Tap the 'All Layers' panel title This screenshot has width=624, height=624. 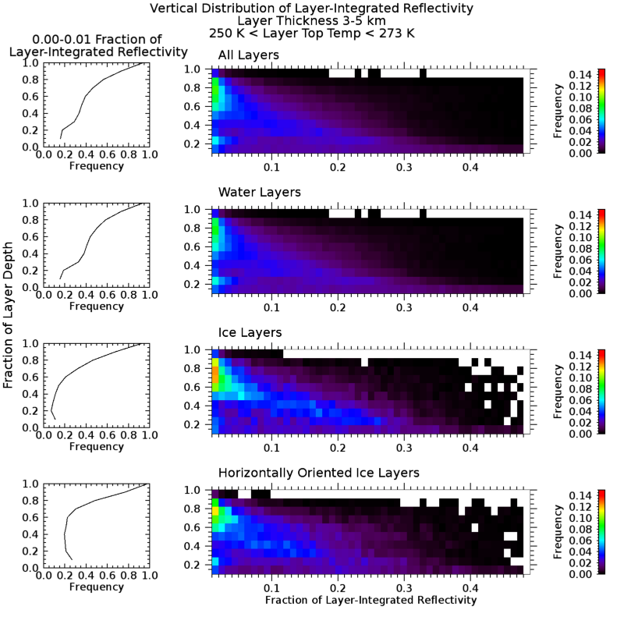point(247,55)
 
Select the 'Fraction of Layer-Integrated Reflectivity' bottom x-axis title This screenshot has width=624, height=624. point(370,601)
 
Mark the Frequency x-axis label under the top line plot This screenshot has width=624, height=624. point(96,166)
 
